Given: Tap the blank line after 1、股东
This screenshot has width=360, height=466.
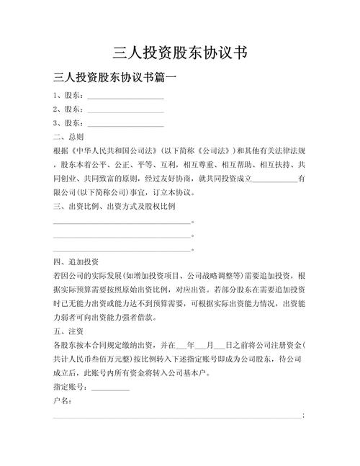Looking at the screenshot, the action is click(x=125, y=97).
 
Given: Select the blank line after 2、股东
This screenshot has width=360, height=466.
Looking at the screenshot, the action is click(x=125, y=111).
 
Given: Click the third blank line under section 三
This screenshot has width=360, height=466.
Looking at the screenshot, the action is click(x=122, y=250).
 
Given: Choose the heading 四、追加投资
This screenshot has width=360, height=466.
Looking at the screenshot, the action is click(x=76, y=261).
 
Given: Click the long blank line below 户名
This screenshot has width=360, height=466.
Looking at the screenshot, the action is click(x=177, y=416).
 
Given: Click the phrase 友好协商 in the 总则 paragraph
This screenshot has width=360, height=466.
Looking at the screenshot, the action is click(x=198, y=179).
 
